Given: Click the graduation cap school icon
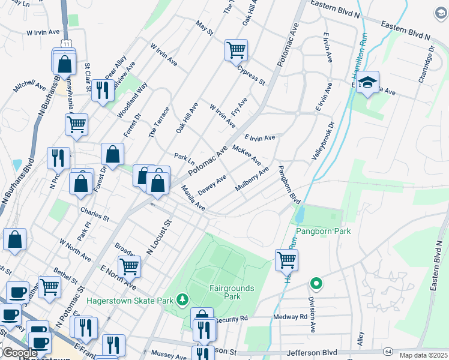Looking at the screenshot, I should pyautogui.click(x=367, y=83).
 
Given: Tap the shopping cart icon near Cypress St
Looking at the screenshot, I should pyautogui.click(x=236, y=50).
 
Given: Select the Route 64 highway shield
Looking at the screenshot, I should pyautogui.click(x=389, y=350).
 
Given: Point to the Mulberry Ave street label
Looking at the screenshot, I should pyautogui.click(x=252, y=179).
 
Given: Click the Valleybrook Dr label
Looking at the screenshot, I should pyautogui.click(x=323, y=141).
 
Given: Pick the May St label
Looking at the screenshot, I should pyautogui.click(x=205, y=28).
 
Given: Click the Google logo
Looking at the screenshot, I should pyautogui.click(x=20, y=353).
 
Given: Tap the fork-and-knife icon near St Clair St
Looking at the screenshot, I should pyautogui.click(x=103, y=90).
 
